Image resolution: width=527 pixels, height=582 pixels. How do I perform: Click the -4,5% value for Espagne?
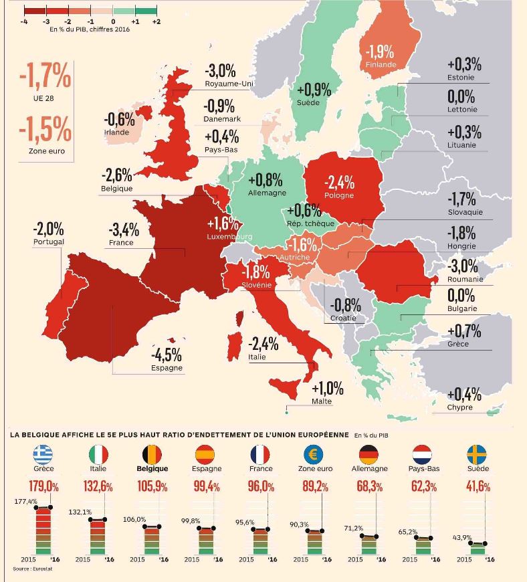tap(167, 355)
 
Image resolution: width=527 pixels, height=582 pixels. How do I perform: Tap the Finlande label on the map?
tap(381, 65)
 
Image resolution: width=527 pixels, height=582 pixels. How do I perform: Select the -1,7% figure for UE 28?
tap(45, 76)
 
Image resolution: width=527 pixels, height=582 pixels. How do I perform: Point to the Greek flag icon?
tap(43, 454)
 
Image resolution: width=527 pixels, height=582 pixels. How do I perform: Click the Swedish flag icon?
tap(477, 454)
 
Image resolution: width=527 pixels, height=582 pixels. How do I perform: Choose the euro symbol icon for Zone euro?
tap(314, 454)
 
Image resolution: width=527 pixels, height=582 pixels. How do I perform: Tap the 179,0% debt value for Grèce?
tap(43, 486)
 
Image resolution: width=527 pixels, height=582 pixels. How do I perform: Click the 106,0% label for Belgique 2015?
tap(134, 519)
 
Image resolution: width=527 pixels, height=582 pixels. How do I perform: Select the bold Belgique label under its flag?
tap(152, 468)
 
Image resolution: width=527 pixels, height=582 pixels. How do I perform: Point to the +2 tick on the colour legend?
tap(156, 21)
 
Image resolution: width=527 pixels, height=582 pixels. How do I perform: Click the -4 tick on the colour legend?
tap(24, 21)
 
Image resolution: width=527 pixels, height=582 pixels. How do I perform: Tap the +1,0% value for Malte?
tap(328, 389)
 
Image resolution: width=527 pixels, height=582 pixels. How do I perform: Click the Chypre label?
tap(460, 407)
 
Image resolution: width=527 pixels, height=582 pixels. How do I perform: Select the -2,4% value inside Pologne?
tap(339, 183)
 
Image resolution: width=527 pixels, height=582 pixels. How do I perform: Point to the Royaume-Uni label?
tap(229, 84)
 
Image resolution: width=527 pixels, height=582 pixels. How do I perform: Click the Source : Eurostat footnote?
tap(33, 569)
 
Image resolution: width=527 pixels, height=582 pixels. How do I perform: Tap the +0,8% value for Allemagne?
tap(266, 180)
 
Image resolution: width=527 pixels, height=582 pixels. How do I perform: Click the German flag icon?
tap(369, 454)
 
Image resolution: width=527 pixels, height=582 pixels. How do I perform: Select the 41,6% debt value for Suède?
tap(478, 486)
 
